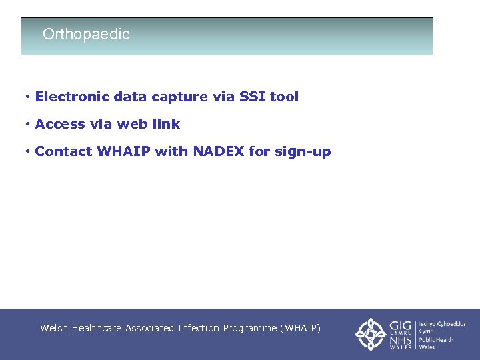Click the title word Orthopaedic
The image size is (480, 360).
coord(86,34)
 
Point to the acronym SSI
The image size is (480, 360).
coord(249,97)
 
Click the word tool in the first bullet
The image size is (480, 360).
coord(284,97)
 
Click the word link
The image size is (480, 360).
coord(166,124)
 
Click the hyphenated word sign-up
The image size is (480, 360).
coord(303,152)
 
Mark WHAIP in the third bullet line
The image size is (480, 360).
coord(123,151)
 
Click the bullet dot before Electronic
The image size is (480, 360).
coord(27,97)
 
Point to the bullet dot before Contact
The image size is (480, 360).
coord(27,151)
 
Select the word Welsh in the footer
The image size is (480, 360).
coord(54,328)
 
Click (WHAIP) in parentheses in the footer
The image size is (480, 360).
coord(301,328)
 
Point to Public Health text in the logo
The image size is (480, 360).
coord(436,339)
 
